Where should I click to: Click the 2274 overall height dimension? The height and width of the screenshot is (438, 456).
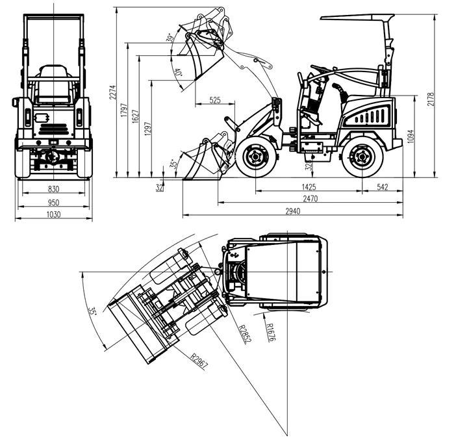click(113, 92)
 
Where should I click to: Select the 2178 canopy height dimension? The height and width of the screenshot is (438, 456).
click(431, 99)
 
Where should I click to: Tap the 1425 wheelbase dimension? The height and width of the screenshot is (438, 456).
click(309, 187)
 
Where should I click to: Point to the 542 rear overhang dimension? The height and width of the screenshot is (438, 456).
click(383, 187)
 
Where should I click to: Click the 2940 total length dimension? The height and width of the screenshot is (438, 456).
click(292, 211)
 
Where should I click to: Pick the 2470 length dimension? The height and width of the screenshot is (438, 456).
click(310, 199)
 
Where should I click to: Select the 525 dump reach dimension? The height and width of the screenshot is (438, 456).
click(215, 100)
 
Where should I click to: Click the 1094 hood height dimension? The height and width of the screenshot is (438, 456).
click(410, 136)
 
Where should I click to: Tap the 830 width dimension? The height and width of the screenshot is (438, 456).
click(53, 189)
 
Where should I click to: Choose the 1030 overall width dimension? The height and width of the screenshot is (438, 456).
click(54, 214)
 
